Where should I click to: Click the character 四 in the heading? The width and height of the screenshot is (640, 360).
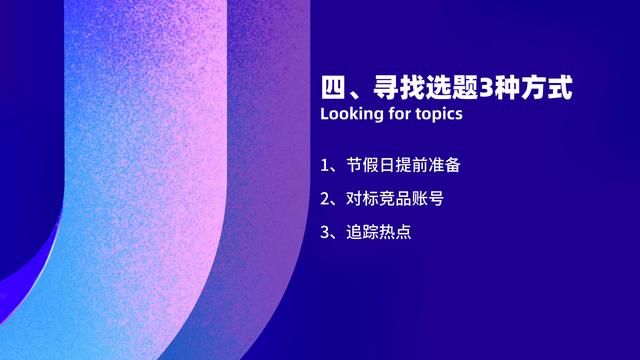(x=332, y=86)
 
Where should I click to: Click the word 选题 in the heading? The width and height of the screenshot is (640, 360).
(x=453, y=86)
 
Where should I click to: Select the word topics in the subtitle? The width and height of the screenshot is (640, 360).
(x=439, y=114)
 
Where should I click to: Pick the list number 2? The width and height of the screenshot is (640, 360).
(x=325, y=198)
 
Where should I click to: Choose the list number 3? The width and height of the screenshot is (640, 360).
(x=325, y=232)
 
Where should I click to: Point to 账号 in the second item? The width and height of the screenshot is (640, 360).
(x=427, y=198)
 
